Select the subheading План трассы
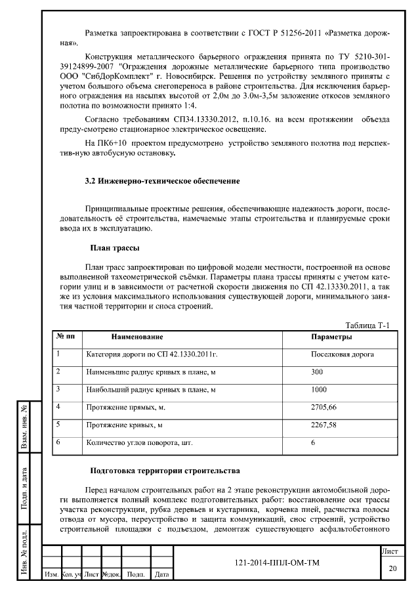pos(114,247)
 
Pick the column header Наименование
pos(136,337)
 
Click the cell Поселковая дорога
pos(343,354)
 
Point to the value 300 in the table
pos(318,371)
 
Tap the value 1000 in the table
pos(319,389)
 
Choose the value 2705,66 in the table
pos(324,407)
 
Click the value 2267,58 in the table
pos(324,425)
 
